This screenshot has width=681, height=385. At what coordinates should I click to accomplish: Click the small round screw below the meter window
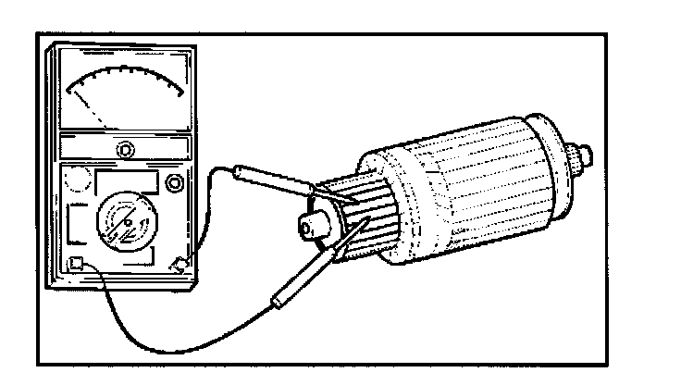(x=125, y=148)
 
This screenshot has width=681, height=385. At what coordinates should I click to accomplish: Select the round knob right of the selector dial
(x=173, y=185)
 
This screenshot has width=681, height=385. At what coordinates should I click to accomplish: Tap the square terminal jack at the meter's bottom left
(x=78, y=262)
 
